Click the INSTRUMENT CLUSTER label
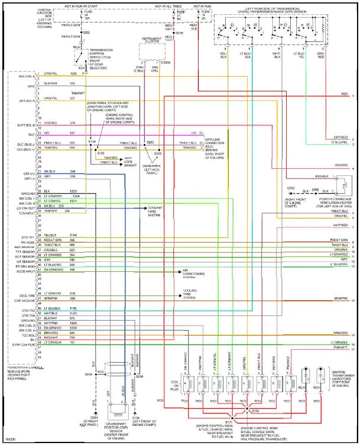coord(152,40)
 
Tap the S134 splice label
coord(92,142)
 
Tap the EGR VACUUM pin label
coord(24,299)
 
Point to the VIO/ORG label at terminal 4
coord(340,165)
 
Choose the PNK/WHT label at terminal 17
coord(340,349)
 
